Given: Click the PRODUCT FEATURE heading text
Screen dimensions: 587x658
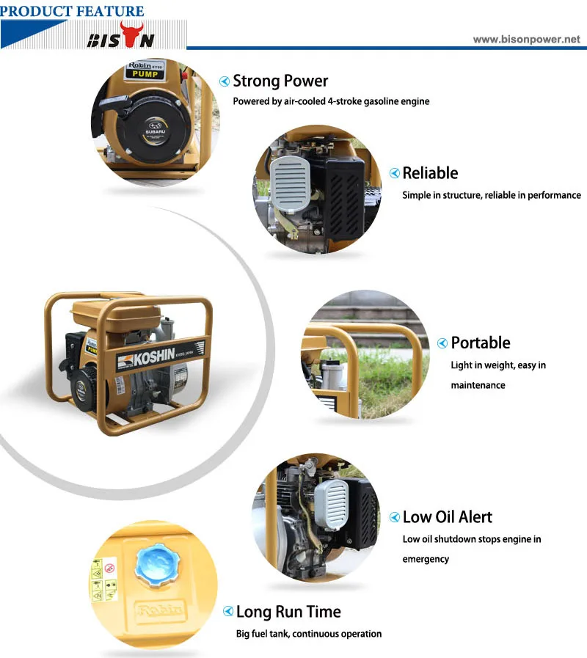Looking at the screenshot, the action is coord(72,10).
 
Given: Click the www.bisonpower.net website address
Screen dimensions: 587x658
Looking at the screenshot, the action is coord(526,39).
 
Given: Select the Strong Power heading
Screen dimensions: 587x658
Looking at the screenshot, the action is coord(280,81).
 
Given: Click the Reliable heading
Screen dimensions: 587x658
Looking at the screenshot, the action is coord(430,173).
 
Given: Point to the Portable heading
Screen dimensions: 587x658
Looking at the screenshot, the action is coord(480,343).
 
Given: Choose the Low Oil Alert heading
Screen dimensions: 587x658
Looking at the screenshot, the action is coord(448,517).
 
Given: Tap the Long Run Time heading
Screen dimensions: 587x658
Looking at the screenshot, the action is coord(288,612).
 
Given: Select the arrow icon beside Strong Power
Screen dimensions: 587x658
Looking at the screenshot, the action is coord(225,81).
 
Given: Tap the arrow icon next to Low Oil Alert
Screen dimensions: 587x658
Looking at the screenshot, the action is coord(395,518).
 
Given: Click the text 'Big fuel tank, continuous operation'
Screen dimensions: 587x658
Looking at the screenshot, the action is coord(308,634).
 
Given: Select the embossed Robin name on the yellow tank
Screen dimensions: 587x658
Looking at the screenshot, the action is coord(157,610).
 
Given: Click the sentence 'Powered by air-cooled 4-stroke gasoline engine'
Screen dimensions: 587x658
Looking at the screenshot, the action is coord(331,101).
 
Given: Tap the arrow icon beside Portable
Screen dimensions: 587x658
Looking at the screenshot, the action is coord(442,343).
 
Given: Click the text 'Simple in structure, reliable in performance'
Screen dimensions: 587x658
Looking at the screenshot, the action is coord(491,195).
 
